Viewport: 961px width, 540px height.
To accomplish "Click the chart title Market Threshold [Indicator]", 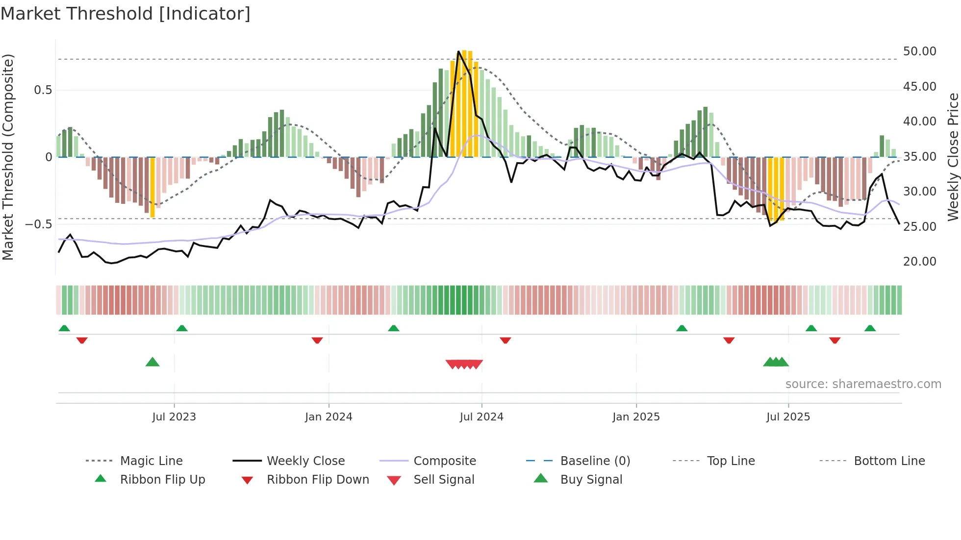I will (126, 14).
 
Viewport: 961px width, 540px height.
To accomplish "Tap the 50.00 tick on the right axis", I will (919, 51).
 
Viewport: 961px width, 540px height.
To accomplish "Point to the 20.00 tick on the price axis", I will (919, 262).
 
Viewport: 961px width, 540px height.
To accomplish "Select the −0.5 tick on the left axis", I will (38, 224).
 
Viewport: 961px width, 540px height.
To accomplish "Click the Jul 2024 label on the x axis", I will (481, 417).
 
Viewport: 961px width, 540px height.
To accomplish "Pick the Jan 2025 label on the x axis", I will (636, 417).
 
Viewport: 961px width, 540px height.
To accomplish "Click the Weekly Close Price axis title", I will (953, 157).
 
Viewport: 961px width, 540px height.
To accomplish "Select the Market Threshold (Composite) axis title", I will (8, 157).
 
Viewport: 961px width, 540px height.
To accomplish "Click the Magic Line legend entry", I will (151, 461).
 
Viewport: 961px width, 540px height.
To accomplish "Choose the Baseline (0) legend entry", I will (595, 461).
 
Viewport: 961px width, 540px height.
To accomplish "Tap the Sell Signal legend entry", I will (444, 480).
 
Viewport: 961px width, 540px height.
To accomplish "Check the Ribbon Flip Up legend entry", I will (162, 480).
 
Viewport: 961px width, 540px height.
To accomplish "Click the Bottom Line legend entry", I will (889, 461).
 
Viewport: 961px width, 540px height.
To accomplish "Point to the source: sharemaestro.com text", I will (863, 384).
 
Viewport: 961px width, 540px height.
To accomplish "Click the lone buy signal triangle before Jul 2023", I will (152, 362).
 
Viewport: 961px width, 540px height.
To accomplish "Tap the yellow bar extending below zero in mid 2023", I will (152, 187).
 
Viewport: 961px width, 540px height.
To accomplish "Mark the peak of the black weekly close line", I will (458, 51).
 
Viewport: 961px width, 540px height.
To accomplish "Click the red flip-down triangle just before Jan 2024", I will (317, 340).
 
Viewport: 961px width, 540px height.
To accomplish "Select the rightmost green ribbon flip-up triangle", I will (870, 328).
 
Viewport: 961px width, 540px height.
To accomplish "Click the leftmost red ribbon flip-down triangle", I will (82, 340).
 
